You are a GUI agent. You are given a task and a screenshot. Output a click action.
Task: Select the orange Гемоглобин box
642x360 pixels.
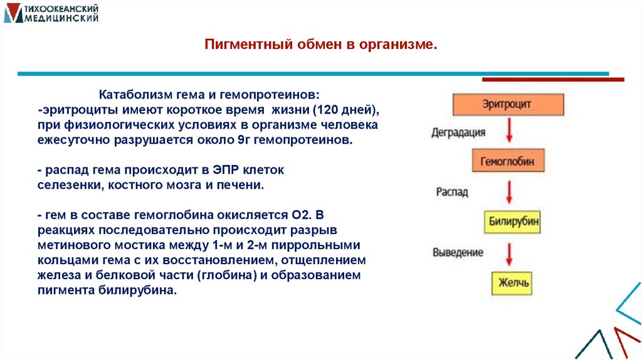pos(507,161)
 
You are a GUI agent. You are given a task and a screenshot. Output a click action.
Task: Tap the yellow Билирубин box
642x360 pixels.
pos(513,222)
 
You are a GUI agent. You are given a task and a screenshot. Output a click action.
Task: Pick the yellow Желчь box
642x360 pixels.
pos(513,282)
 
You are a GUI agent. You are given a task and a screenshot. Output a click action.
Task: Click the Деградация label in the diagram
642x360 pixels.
pos(458,133)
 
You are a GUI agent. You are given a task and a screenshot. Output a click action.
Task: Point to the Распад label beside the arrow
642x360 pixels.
pos(452,192)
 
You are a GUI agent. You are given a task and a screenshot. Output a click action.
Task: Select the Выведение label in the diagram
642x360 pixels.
pos(458,252)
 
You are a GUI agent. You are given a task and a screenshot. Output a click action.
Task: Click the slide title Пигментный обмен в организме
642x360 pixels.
pos(321,45)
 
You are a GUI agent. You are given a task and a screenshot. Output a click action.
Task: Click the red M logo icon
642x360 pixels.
pos(12,13)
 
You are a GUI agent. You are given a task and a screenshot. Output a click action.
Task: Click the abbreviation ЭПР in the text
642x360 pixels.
pos(230,171)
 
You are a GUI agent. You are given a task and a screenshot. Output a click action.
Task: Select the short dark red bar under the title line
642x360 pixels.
pos(552,80)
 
